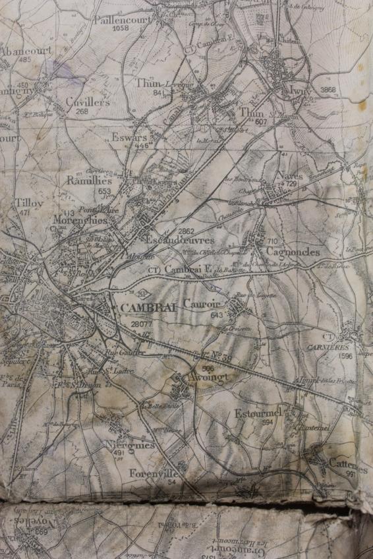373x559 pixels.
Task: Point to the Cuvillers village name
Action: pos(87,102)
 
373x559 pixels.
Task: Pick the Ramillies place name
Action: pos(89,180)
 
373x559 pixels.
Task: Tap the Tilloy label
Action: pos(29,203)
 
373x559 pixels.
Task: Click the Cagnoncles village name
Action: pos(293,252)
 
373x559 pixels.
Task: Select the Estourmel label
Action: pos(258,413)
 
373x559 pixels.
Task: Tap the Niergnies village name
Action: pos(130,445)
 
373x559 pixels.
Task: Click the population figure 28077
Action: pos(142,325)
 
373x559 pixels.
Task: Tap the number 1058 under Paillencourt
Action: pos(121,29)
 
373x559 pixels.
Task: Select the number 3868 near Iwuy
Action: pos(328,90)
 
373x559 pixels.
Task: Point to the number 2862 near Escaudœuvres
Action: pos(186,231)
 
